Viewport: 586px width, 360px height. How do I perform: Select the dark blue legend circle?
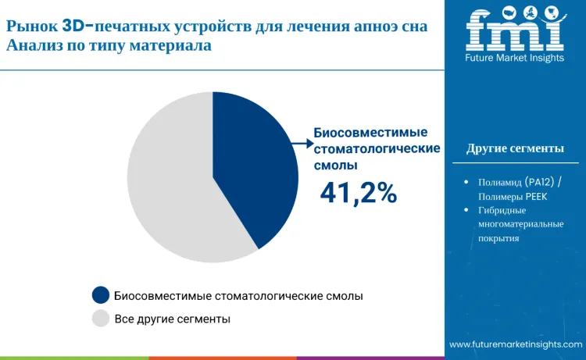click(x=100, y=295)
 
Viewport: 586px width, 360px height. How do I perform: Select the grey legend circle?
click(x=100, y=319)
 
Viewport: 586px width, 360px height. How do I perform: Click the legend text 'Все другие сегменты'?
click(x=172, y=319)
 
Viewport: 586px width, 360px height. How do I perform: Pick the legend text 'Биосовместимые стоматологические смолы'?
click(x=238, y=295)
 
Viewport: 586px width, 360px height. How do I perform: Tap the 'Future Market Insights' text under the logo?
click(x=514, y=58)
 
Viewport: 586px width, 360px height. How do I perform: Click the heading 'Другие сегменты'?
click(x=514, y=148)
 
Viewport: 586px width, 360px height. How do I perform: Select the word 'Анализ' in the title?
click(x=31, y=45)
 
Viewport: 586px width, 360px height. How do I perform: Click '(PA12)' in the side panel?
click(x=537, y=182)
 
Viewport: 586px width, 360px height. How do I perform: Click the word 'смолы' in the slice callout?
click(x=336, y=165)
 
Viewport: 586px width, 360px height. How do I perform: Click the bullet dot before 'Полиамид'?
click(x=466, y=182)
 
